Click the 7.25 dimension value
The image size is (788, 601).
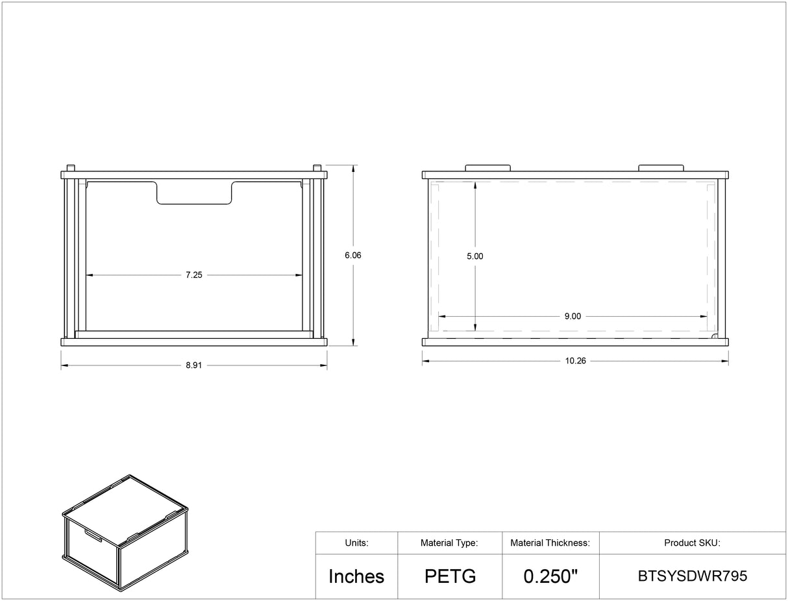coord(194,275)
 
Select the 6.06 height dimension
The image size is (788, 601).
coord(353,255)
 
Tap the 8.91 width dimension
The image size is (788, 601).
coord(194,365)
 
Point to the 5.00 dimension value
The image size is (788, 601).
coord(474,256)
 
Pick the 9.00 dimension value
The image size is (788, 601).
coord(573,316)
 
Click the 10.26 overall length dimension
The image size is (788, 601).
coord(576,361)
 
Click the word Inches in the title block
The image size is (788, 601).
coord(356,576)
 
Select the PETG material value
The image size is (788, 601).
coord(450,576)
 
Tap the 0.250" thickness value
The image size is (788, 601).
coord(550,576)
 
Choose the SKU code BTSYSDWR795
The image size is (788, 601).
coord(693,576)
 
